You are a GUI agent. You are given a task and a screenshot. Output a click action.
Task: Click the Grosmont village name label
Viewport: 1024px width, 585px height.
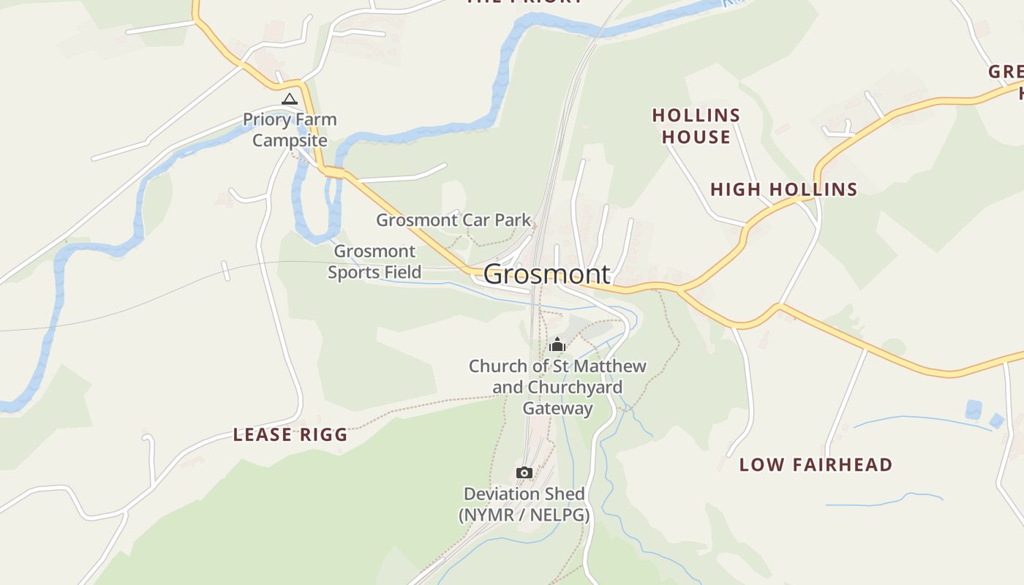546,274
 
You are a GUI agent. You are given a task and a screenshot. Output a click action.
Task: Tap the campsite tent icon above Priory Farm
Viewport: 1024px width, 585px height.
290,99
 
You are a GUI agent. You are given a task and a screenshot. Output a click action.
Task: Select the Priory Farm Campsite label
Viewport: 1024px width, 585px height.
290,129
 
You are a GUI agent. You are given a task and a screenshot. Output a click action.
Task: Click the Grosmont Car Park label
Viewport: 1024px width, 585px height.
453,219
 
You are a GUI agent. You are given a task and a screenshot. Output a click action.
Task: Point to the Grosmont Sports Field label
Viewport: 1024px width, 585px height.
374,262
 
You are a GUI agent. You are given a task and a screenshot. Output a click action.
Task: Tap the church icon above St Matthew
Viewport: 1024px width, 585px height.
557,344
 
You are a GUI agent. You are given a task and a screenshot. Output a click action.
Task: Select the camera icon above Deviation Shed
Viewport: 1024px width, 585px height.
524,473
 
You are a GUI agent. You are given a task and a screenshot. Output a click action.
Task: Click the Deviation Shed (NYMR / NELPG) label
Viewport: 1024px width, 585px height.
524,505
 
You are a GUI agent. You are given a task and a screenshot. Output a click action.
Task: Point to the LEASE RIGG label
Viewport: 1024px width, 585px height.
290,435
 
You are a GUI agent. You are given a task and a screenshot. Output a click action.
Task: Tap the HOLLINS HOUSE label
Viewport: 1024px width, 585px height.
696,126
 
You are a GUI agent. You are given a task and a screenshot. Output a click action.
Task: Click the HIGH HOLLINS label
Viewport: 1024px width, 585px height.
784,189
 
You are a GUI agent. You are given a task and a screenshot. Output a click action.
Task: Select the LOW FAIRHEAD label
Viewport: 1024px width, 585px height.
816,464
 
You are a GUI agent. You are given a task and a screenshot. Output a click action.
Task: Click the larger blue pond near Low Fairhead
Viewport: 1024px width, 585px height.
974,409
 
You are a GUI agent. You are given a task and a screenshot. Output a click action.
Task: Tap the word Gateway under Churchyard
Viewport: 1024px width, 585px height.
557,408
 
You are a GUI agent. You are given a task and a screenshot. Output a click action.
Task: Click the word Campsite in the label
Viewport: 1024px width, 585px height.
290,140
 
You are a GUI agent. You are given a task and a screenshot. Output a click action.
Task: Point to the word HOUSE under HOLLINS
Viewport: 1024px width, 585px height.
696,137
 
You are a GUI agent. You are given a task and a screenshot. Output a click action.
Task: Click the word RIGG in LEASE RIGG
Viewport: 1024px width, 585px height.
321,435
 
